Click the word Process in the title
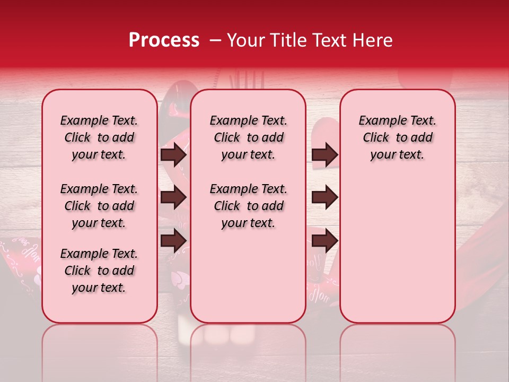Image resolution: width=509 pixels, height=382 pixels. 163,40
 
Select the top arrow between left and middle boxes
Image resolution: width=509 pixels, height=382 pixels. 173,155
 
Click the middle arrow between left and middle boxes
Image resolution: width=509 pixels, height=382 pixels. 173,197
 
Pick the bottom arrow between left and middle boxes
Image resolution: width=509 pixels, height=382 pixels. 173,240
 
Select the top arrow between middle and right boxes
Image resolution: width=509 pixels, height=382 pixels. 324,155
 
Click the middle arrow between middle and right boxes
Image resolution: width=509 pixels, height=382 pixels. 324,197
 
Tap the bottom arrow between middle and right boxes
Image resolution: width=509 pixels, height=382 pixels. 324,240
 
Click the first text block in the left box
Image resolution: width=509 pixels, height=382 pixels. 99,137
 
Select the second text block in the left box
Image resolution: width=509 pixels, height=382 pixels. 99,206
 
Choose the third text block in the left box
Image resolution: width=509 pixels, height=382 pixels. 99,271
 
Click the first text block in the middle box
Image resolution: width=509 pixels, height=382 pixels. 248,137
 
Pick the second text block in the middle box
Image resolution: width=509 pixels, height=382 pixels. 248,206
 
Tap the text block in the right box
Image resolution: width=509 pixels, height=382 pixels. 398,137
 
